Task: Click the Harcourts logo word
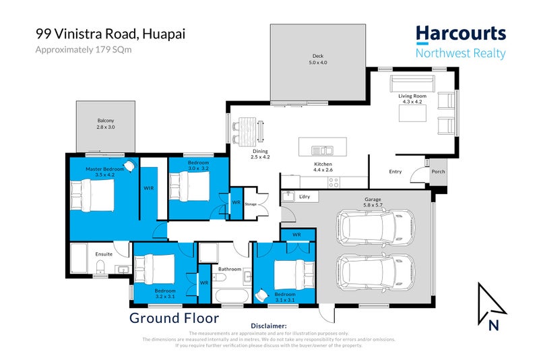click(460, 34)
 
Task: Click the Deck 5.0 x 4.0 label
click(317, 60)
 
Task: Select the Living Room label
click(410, 97)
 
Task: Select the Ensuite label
click(104, 253)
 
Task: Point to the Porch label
click(439, 171)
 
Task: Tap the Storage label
click(251, 204)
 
